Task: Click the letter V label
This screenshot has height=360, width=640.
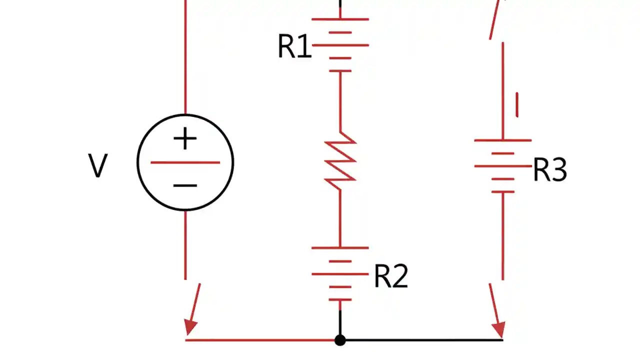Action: pos(97,166)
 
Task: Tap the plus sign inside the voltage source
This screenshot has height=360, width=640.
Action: pos(185,139)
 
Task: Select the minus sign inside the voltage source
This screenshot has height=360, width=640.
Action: pos(185,185)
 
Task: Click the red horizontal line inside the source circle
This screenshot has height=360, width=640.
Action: pos(185,162)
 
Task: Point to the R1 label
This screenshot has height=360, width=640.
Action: pos(294,47)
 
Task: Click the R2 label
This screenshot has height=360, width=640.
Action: pos(391,276)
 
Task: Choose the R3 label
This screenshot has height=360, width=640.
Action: pos(550,170)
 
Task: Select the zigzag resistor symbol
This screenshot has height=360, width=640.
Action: pos(340,161)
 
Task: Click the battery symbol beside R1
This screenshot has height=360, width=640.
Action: pos(340,45)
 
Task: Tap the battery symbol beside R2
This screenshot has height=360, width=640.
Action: pos(340,273)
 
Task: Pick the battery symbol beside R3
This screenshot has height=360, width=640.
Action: pos(502,166)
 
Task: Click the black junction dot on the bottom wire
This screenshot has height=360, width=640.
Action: pos(340,340)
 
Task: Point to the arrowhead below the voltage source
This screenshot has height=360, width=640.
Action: pos(190,327)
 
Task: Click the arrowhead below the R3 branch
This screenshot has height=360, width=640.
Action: pos(498,329)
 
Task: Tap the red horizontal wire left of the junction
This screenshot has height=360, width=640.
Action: pos(260,340)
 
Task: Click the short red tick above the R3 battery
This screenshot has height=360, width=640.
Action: pos(517,104)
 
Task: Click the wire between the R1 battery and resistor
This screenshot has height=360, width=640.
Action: pos(340,102)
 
